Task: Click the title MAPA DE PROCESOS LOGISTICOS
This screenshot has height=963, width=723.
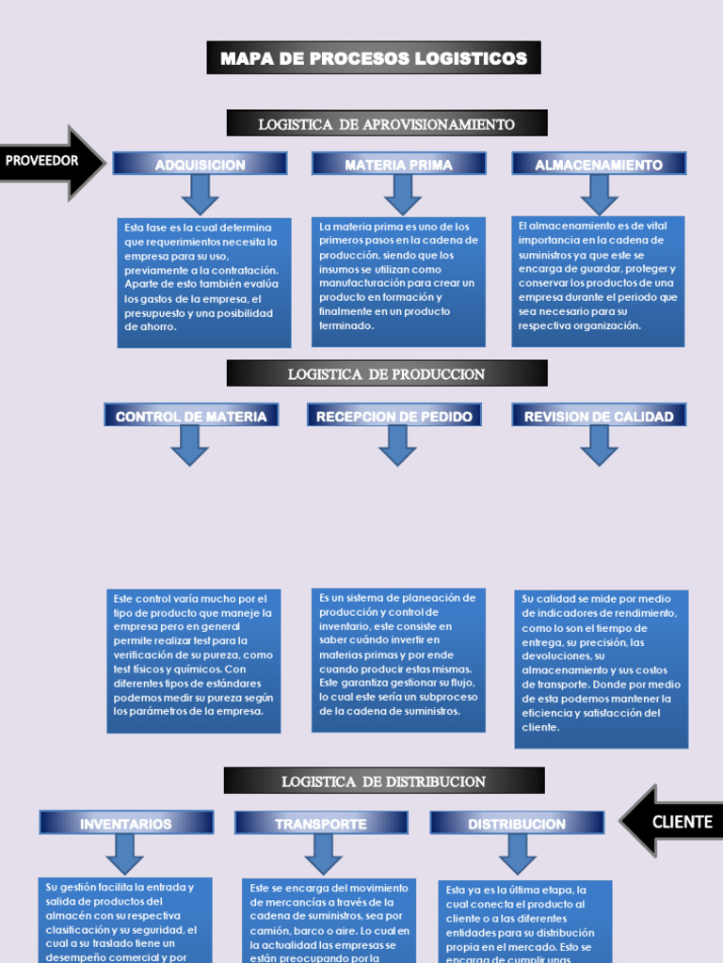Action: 374,58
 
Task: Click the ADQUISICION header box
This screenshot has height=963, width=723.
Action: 200,165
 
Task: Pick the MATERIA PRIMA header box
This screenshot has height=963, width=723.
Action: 398,165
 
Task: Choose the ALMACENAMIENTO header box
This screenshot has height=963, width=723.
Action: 599,165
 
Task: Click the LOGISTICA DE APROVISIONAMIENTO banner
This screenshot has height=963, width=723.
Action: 386,123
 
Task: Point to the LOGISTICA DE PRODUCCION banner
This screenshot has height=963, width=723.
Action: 386,373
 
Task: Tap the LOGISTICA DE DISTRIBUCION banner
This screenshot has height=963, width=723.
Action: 384,781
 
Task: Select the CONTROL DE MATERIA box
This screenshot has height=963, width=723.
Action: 191,416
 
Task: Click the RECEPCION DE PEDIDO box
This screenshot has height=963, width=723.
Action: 394,416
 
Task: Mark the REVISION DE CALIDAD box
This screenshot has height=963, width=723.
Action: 599,416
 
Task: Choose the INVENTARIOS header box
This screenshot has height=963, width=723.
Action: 126,823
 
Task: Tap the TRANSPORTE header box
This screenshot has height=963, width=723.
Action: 321,823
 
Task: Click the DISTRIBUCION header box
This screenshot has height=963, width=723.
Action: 517,823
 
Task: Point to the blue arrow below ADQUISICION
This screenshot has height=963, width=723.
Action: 200,194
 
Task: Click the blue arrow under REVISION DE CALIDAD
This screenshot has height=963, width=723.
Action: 599,444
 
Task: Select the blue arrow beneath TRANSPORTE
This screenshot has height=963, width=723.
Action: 323,853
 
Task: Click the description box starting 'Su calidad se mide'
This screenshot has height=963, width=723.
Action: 601,669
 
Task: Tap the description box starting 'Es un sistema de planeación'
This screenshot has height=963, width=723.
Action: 398,659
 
